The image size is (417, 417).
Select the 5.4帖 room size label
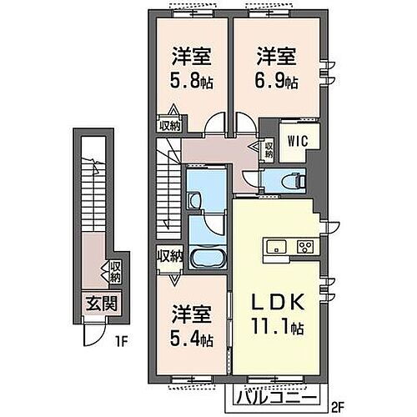191,341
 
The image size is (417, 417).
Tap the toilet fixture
293,178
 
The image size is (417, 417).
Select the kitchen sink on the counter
279,246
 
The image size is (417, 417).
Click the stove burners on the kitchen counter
304,246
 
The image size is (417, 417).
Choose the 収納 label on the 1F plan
113,272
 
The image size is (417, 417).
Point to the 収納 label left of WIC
269,150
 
